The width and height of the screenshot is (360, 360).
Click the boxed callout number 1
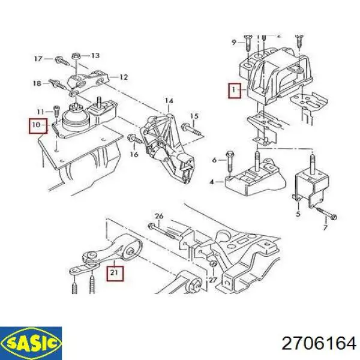point(235,91)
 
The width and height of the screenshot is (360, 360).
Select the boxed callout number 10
point(38,126)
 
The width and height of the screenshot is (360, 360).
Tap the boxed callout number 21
point(115,274)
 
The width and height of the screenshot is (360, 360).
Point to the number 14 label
point(169,101)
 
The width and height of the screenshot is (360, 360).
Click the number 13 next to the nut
point(95,55)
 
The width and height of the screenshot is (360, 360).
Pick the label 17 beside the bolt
point(38,59)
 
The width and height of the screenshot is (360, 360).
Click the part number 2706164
point(319,344)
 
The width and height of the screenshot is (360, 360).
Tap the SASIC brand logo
point(31,343)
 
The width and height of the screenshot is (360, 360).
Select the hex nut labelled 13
point(76,56)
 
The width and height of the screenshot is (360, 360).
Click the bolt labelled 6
point(230,163)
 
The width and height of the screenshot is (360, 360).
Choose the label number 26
point(159,216)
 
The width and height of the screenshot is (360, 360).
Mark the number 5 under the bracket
point(298,214)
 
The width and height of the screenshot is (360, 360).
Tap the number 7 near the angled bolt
point(325,227)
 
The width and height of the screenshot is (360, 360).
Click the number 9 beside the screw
point(234,42)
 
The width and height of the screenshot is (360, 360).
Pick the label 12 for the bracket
point(124,77)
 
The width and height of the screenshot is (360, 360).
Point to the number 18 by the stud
point(37,83)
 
